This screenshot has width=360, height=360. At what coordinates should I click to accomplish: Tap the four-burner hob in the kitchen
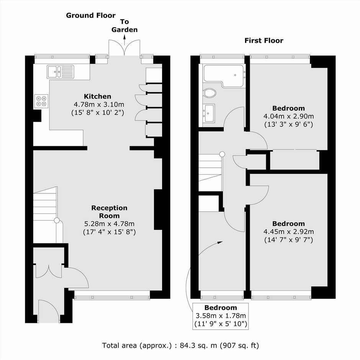tap(42, 101)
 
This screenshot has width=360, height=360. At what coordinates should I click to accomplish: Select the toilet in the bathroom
tap(209, 93)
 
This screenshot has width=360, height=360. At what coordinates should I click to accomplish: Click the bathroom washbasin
tap(208, 113)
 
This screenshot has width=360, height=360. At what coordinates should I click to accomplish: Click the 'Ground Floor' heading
tap(91, 15)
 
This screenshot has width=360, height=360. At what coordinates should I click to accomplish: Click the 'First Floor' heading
tap(264, 41)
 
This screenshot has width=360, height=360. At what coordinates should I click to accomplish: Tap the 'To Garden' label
tap(124, 26)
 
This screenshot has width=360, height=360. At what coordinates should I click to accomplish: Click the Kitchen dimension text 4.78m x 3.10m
tap(99, 105)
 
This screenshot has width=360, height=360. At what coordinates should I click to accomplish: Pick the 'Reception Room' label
tap(109, 212)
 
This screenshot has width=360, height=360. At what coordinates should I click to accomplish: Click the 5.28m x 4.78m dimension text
tap(109, 224)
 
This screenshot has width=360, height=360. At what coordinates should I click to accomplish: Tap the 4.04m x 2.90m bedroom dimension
tap(289, 116)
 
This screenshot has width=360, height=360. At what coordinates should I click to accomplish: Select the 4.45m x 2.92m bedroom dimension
tap(289, 232)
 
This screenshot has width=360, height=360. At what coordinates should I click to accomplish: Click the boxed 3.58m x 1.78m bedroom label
tap(221, 316)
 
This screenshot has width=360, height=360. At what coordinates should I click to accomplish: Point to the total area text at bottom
tap(180, 345)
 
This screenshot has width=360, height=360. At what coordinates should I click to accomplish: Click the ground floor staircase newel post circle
tap(57, 221)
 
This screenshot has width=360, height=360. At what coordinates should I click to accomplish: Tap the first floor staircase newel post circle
tap(222, 154)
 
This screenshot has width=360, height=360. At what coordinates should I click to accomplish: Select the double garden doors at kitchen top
tap(124, 48)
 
